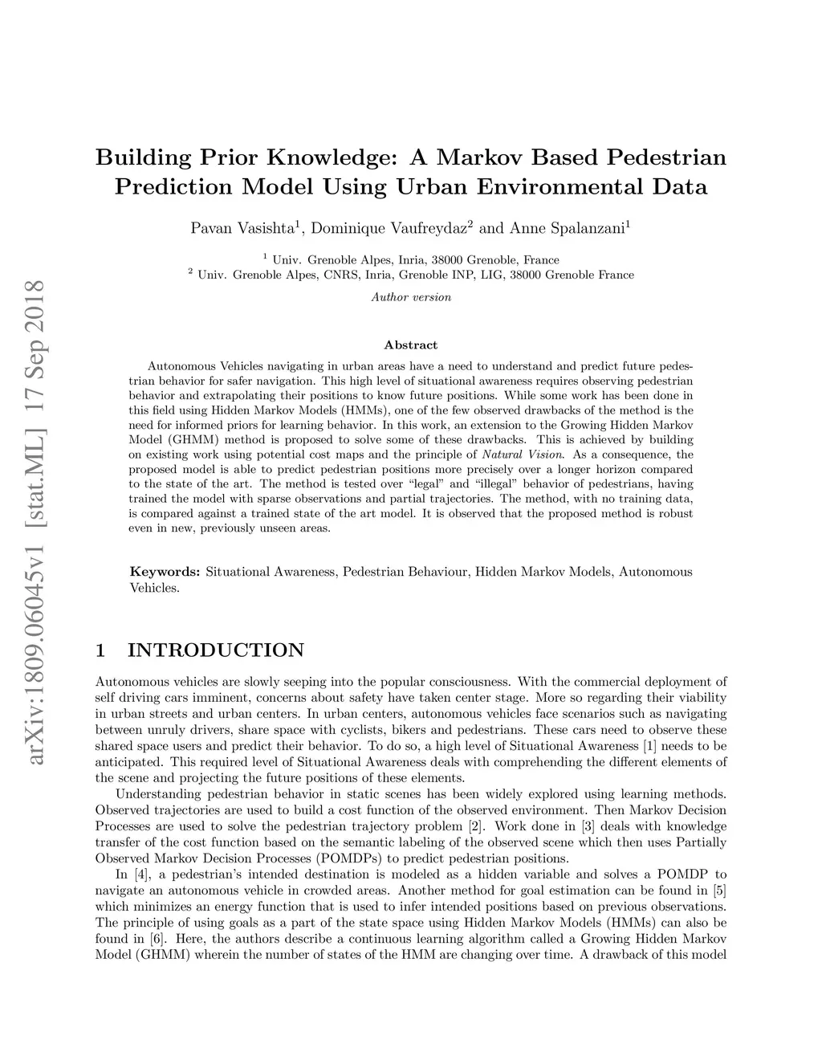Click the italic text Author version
(411, 297)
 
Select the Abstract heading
(411, 345)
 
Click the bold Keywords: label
(165, 573)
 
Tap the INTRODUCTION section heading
(216, 650)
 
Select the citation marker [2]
(474, 826)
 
